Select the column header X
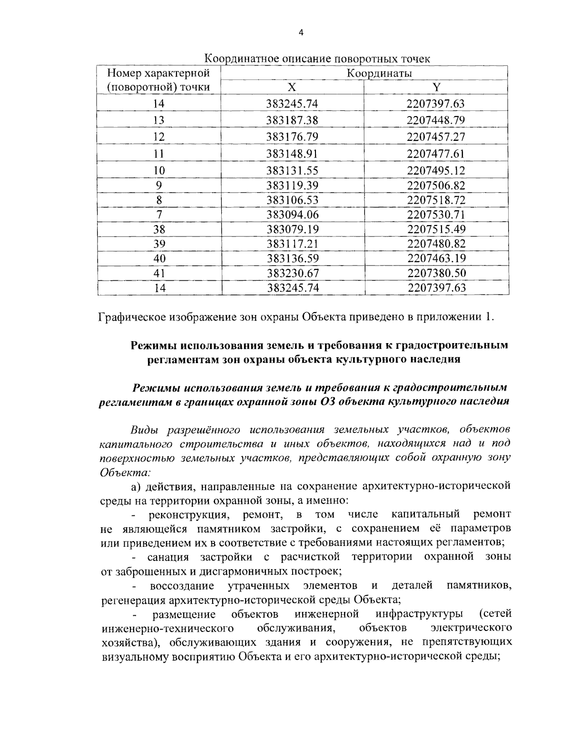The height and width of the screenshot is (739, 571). (x=292, y=87)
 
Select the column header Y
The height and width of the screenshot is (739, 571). (x=436, y=87)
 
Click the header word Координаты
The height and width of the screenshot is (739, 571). (x=379, y=73)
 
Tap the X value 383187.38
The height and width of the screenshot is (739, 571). (x=292, y=120)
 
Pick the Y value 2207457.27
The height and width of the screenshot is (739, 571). (x=436, y=137)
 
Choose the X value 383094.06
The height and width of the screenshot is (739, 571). (x=292, y=215)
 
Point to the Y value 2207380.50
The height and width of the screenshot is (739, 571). (x=436, y=273)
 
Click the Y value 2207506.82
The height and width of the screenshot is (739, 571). (x=436, y=185)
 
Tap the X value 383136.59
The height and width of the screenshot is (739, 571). (x=292, y=258)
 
